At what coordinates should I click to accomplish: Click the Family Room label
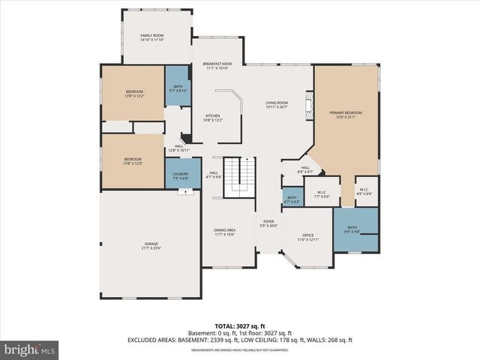point(152,37)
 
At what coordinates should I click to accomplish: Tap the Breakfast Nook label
point(217,66)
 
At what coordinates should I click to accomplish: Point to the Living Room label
point(277,105)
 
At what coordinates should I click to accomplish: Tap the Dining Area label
point(225,232)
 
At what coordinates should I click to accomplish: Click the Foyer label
point(268,223)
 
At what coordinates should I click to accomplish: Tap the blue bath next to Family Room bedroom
point(178,88)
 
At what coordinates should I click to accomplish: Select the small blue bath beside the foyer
point(292,199)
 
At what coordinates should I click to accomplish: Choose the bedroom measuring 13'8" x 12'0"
point(133,160)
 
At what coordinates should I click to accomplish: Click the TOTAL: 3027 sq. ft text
point(239,326)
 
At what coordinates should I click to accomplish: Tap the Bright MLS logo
point(30,349)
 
